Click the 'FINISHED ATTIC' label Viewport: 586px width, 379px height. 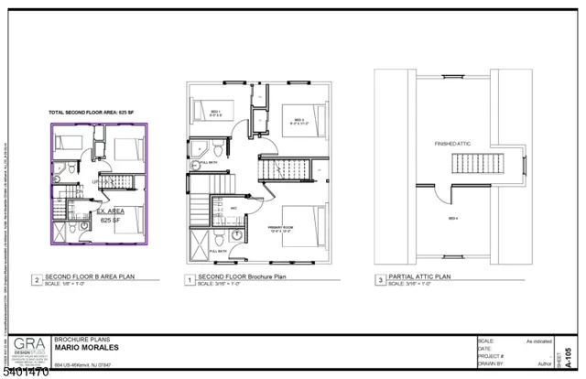point(450,145)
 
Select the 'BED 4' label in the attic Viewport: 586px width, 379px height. point(452,219)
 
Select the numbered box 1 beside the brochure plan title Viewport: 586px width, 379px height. point(189,281)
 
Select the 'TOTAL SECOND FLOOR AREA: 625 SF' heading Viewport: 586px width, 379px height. point(91,112)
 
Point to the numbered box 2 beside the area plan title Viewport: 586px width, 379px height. point(36,281)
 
